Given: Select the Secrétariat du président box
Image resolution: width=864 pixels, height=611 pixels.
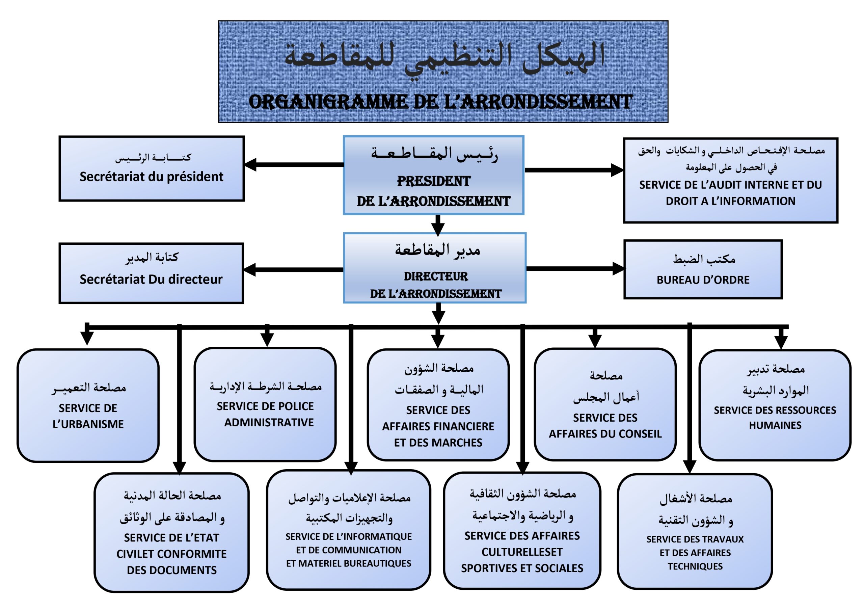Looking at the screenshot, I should [151, 168].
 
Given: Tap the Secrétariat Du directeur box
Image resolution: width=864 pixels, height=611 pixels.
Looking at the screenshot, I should [151, 273].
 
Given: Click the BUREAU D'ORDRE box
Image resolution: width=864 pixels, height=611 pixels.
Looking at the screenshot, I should [703, 269].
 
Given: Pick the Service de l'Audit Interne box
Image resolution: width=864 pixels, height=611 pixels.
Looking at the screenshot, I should [730, 180].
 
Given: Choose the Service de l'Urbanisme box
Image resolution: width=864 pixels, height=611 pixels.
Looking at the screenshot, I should [88, 405].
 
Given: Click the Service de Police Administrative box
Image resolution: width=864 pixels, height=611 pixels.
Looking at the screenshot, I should [265, 404].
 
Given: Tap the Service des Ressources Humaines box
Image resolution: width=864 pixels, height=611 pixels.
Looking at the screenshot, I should [775, 405].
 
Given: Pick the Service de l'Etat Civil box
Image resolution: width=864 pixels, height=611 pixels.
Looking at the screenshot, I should [171, 532].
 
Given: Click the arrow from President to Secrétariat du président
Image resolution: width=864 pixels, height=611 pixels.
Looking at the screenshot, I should [294, 164].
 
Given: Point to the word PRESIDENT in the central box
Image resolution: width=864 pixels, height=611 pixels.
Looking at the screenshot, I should [433, 182].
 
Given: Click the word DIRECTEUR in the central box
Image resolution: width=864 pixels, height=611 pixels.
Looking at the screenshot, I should [436, 277].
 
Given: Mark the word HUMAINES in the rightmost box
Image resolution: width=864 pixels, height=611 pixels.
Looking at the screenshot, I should [775, 425].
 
